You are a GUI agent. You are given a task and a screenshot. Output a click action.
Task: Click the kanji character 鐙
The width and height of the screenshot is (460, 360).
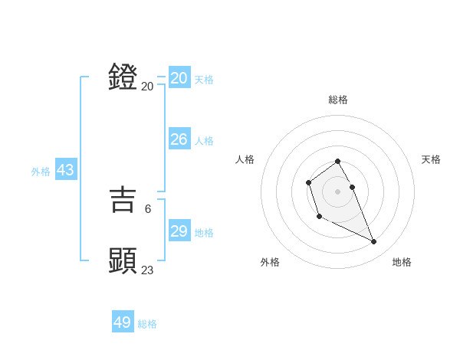point(123,78)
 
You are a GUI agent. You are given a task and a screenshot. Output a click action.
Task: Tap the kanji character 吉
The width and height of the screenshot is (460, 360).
point(123,199)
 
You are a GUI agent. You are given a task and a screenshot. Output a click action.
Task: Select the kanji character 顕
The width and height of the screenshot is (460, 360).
point(123,260)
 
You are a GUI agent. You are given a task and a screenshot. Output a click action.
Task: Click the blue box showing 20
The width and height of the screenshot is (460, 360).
point(179,78)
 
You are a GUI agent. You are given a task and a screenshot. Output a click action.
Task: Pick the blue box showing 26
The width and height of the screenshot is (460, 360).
point(179,139)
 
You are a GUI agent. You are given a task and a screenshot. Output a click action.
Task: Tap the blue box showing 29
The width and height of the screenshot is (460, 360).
point(179,231)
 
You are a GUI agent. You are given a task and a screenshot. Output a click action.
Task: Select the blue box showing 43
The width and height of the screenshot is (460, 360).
point(65,170)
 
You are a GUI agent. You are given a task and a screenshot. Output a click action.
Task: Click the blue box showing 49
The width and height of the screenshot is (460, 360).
point(123,322)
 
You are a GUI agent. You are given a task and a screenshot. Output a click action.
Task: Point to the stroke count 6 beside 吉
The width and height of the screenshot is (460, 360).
point(148,208)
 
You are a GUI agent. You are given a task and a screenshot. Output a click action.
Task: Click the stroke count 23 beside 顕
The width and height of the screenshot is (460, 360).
point(148,270)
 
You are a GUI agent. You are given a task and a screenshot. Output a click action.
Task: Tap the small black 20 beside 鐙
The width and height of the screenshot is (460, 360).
point(147,87)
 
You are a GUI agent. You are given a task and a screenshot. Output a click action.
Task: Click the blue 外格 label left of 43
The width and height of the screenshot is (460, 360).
point(41,172)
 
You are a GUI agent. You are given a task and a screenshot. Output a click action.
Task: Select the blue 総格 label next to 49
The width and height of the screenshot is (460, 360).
point(147,324)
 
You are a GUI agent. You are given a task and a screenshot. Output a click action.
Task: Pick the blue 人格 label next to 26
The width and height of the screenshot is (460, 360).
point(204,141)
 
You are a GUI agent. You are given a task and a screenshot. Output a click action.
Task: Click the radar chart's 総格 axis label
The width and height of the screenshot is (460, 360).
point(338,100)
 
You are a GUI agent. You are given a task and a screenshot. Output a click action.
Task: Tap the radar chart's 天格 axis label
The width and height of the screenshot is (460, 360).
point(431,159)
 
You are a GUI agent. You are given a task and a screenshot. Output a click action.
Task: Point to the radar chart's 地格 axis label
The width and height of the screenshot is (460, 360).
point(402,262)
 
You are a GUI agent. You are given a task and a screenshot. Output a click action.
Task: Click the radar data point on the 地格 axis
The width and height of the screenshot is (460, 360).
point(374,242)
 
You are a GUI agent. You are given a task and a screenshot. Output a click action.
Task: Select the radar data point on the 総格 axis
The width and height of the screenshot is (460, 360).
point(337,162)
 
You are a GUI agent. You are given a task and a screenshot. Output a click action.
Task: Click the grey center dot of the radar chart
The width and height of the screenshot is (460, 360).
point(337,191)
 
